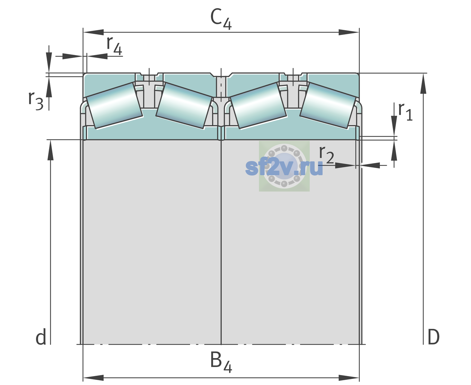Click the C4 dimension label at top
pyautogui.click(x=221, y=19)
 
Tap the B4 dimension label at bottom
pyautogui.click(x=221, y=362)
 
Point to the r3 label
pyautogui.click(x=36, y=101)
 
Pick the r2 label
pyautogui.click(x=326, y=154)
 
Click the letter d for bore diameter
pyautogui.click(x=41, y=337)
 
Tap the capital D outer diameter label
pyautogui.click(x=433, y=337)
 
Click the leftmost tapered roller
pyautogui.click(x=114, y=106)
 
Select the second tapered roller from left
pyautogui.click(x=184, y=106)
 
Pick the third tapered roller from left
pyautogui.click(x=258, y=106)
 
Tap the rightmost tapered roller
pyautogui.click(x=328, y=106)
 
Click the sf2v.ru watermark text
pyautogui.click(x=284, y=167)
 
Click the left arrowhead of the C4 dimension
pyautogui.click(x=93, y=32)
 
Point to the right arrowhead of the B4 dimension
pyautogui.click(x=349, y=378)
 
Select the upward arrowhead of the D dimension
pyautogui.click(x=423, y=83)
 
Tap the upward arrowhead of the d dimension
pyautogui.click(x=50, y=150)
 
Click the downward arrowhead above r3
pyautogui.click(x=49, y=63)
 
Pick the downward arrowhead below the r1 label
pyautogui.click(x=394, y=126)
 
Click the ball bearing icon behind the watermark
pyautogui.click(x=284, y=166)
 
